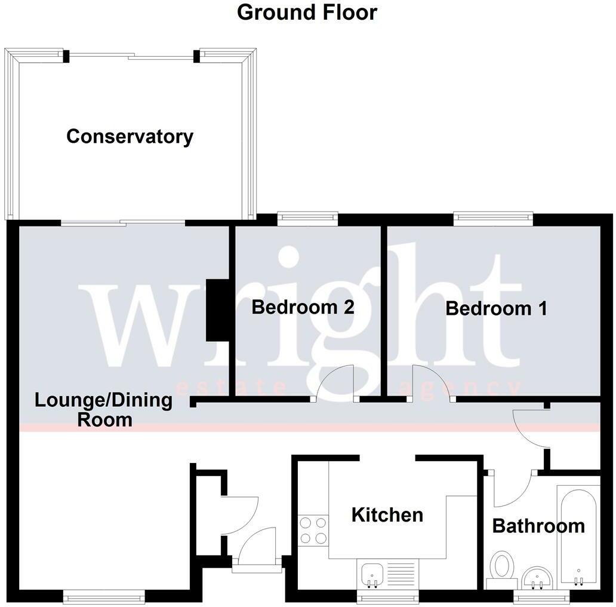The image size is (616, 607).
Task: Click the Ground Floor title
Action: pos(307,12)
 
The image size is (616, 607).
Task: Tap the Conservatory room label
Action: pos(130,136)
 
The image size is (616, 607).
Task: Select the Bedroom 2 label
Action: pos(303,308)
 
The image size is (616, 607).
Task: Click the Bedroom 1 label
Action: pos(496,308)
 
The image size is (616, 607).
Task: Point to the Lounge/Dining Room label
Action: pos(104,409)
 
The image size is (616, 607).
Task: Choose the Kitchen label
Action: pos(387,514)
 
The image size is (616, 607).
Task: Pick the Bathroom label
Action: pos(538,526)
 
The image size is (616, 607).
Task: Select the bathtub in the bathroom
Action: pos(578,535)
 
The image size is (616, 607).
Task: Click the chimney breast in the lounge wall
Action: pos(215,310)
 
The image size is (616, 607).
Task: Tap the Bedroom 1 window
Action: pos(492,218)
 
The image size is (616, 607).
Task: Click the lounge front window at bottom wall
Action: pos(104,595)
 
